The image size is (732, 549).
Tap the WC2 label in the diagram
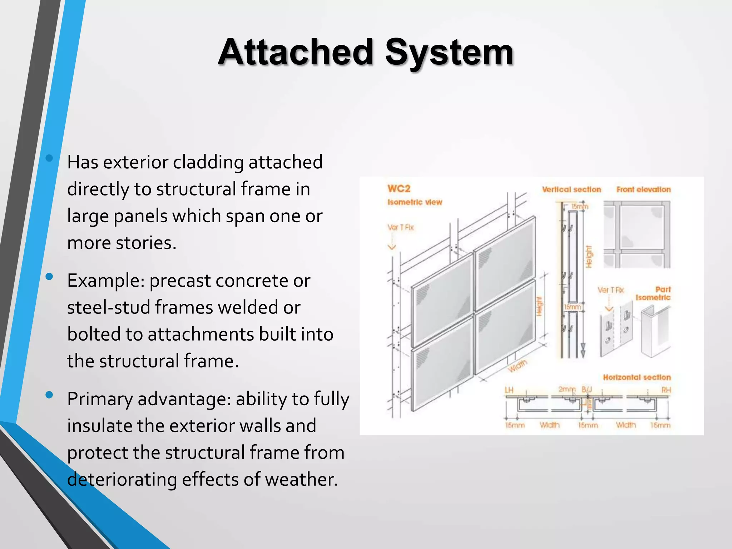coord(399,189)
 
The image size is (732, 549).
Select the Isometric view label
coord(415,202)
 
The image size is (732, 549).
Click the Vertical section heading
coord(571,189)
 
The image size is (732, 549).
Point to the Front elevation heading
coord(643,189)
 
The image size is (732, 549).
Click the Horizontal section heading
coord(637,377)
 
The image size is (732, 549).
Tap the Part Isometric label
coord(653,293)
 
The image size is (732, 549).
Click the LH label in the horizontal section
coord(509,390)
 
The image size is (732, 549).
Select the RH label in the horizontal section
coord(666,390)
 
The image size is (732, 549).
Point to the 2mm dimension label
coord(567,389)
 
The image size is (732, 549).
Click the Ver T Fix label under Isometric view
coord(400,227)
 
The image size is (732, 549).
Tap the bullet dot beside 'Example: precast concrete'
coord(49,276)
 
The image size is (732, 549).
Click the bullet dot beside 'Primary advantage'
coord(49,395)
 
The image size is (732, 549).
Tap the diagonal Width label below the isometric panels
coord(518,366)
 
